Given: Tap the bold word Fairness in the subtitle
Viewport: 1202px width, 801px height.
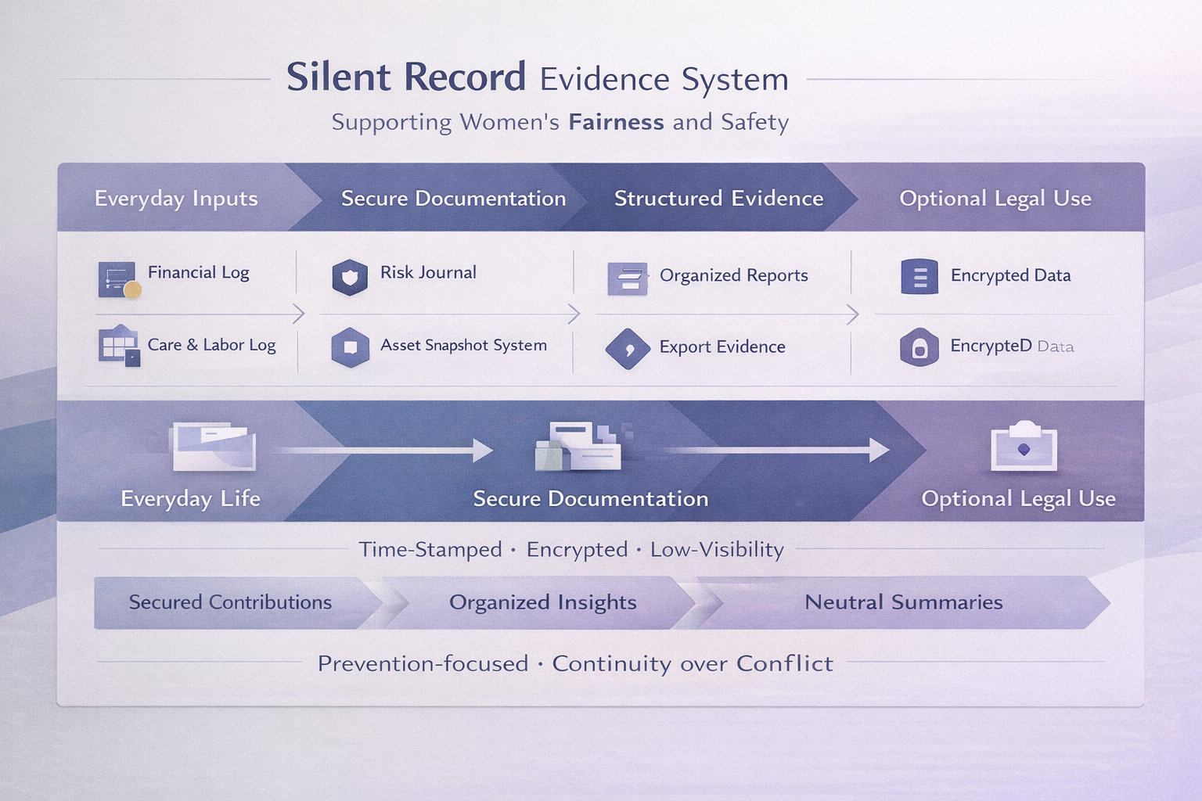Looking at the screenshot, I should [x=616, y=122].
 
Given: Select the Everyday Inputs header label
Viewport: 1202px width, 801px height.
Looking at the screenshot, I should [x=176, y=199].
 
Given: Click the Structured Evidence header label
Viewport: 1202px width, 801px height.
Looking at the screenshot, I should [x=718, y=199].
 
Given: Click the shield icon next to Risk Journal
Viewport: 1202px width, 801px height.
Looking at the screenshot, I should [x=350, y=278].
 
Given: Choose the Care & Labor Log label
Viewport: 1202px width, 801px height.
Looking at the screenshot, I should [x=211, y=345].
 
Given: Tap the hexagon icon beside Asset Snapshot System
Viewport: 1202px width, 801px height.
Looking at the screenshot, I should [x=350, y=347].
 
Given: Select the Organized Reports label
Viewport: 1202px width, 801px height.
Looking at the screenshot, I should [x=733, y=275].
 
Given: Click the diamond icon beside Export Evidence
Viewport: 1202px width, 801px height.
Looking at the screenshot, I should [x=628, y=349].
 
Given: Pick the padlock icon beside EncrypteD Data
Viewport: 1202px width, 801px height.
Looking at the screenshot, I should [x=919, y=348].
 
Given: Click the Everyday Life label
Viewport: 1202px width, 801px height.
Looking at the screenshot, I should [x=190, y=498].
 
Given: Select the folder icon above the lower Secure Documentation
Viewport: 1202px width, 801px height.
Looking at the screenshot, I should [x=578, y=447].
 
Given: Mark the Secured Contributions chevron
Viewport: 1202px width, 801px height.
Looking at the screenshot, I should [x=230, y=602].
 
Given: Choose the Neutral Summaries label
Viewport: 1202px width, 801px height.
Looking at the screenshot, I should [x=903, y=602].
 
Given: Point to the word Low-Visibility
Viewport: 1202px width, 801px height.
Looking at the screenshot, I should [x=717, y=549].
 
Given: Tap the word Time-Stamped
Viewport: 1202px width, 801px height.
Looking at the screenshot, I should [x=430, y=549].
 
